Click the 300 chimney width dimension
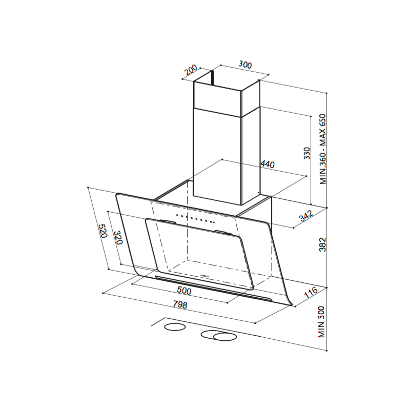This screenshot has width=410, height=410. [245, 65]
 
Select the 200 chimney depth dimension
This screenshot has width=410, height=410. [191, 70]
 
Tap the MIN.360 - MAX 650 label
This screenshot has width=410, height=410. [323, 149]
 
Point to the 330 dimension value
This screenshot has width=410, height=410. [306, 153]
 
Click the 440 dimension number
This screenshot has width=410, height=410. [268, 164]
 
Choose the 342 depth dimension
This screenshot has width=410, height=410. [306, 216]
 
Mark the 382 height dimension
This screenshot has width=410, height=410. [323, 244]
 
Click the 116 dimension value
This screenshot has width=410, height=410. [311, 292]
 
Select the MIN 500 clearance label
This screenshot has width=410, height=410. [321, 322]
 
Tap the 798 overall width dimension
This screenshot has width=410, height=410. [180, 304]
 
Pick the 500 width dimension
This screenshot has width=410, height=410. [184, 291]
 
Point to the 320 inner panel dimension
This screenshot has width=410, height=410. [118, 237]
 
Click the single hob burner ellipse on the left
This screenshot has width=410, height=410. [175, 327]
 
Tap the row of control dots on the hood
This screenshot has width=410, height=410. [195, 219]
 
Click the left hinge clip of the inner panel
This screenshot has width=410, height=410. [167, 221]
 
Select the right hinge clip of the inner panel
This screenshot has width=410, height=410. [223, 232]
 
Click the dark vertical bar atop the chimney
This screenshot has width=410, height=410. [213, 78]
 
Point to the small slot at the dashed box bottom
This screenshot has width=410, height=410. [204, 275]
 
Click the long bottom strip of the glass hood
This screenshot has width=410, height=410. [213, 288]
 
